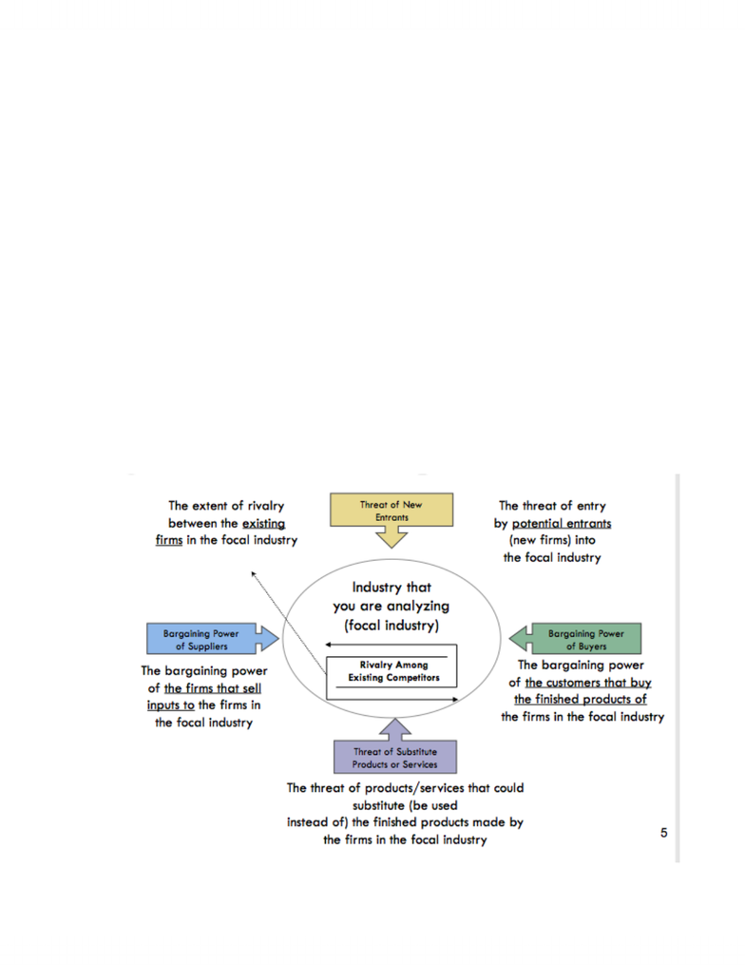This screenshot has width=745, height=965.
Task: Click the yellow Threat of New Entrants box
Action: (x=392, y=510)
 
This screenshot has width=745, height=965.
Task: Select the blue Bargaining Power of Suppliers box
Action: (x=201, y=639)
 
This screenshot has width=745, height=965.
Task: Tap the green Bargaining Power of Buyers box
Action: (x=586, y=639)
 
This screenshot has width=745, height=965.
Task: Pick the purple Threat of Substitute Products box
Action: (x=395, y=757)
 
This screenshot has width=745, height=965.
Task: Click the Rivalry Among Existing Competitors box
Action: (x=393, y=671)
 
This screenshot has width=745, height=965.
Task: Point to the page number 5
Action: (x=664, y=833)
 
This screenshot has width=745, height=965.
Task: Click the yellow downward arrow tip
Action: (x=392, y=547)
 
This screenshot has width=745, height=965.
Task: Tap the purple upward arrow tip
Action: (x=395, y=719)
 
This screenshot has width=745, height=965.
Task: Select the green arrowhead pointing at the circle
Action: (x=510, y=639)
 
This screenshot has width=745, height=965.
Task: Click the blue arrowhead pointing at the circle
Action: (x=278, y=639)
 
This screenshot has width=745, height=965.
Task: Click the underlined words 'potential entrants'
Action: (x=562, y=524)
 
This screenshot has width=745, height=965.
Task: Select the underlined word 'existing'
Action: (x=263, y=524)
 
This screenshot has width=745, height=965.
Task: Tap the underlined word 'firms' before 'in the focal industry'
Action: (x=169, y=540)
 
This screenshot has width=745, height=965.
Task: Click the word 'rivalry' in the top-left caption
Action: (x=266, y=507)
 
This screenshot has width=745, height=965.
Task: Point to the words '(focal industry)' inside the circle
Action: (x=392, y=626)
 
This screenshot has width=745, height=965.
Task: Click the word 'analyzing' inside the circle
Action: (x=418, y=607)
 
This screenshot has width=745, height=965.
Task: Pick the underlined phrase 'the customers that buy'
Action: (x=588, y=683)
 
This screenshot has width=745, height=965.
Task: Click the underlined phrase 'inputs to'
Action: (x=170, y=705)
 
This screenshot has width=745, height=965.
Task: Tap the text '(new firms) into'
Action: (x=552, y=540)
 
